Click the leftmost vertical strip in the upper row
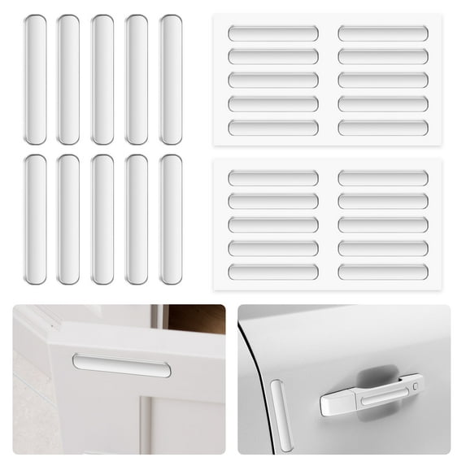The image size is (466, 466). (x=35, y=80)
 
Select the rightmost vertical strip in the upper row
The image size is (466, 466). (x=170, y=80)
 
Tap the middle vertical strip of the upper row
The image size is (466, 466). (x=102, y=80)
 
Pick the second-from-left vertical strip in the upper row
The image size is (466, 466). (x=68, y=80)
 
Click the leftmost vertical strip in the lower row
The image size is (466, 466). (x=35, y=220)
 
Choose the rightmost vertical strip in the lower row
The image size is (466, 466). (x=170, y=220)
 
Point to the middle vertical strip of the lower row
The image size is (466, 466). (x=102, y=220)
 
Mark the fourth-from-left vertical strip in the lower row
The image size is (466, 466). (x=137, y=220)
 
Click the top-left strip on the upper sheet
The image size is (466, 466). (x=273, y=33)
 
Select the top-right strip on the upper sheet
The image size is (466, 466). (x=383, y=33)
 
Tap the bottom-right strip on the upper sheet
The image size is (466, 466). (x=383, y=128)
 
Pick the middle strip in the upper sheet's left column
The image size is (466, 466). (x=273, y=81)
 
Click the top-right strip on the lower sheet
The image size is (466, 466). (x=383, y=178)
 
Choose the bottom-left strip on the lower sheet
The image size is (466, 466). (x=273, y=272)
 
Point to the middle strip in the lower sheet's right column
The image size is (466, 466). (x=383, y=224)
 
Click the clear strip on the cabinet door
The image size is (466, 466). (x=122, y=365)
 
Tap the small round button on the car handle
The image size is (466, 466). (x=416, y=385)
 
